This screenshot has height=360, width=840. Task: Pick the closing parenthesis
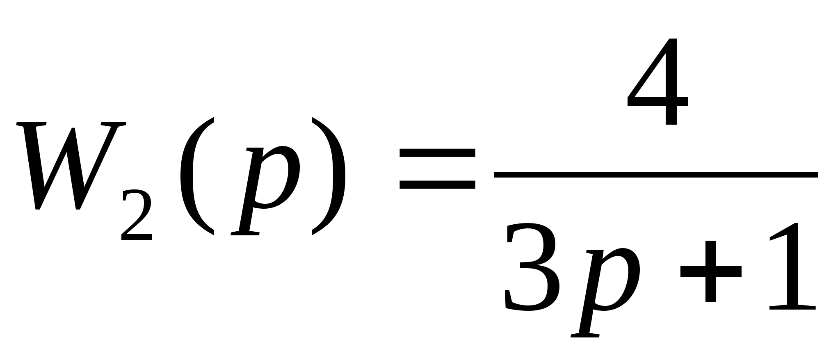pyautogui.click(x=328, y=176)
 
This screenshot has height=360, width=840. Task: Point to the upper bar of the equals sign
pyautogui.click(x=437, y=153)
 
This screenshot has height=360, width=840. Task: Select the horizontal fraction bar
pyautogui.click(x=656, y=175)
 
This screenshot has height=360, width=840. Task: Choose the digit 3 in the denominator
pyautogui.click(x=531, y=267)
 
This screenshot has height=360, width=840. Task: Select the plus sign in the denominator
pyautogui.click(x=711, y=271)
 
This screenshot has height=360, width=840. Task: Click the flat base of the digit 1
pyautogui.click(x=792, y=307)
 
